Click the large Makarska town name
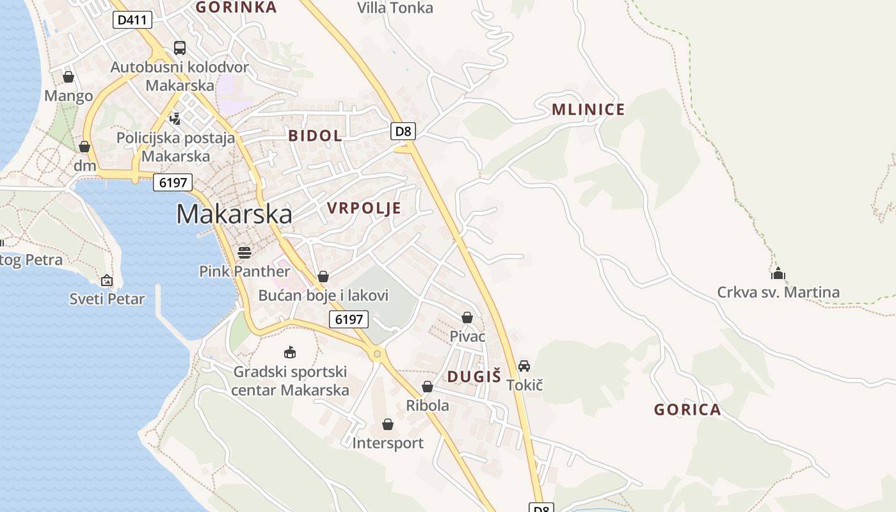coord(234,214)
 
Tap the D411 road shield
coord(132,20)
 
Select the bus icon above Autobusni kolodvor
coord(180,48)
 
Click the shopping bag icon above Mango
coord(68,77)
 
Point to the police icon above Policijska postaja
coord(175,118)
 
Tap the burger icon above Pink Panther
coord(244,252)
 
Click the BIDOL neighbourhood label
coord(315,136)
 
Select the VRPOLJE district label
coord(364,208)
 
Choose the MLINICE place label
coord(588,109)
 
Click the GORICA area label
coord(687,410)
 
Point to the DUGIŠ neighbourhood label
coord(474,377)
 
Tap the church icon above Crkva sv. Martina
coord(778,274)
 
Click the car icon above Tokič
coord(524,366)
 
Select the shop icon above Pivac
coord(467,317)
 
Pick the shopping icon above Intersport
coord(388,424)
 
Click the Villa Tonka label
coord(395,8)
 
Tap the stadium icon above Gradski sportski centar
coord(290,352)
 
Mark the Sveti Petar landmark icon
coord(107,280)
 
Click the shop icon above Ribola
coord(428,387)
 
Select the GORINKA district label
coord(236,7)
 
